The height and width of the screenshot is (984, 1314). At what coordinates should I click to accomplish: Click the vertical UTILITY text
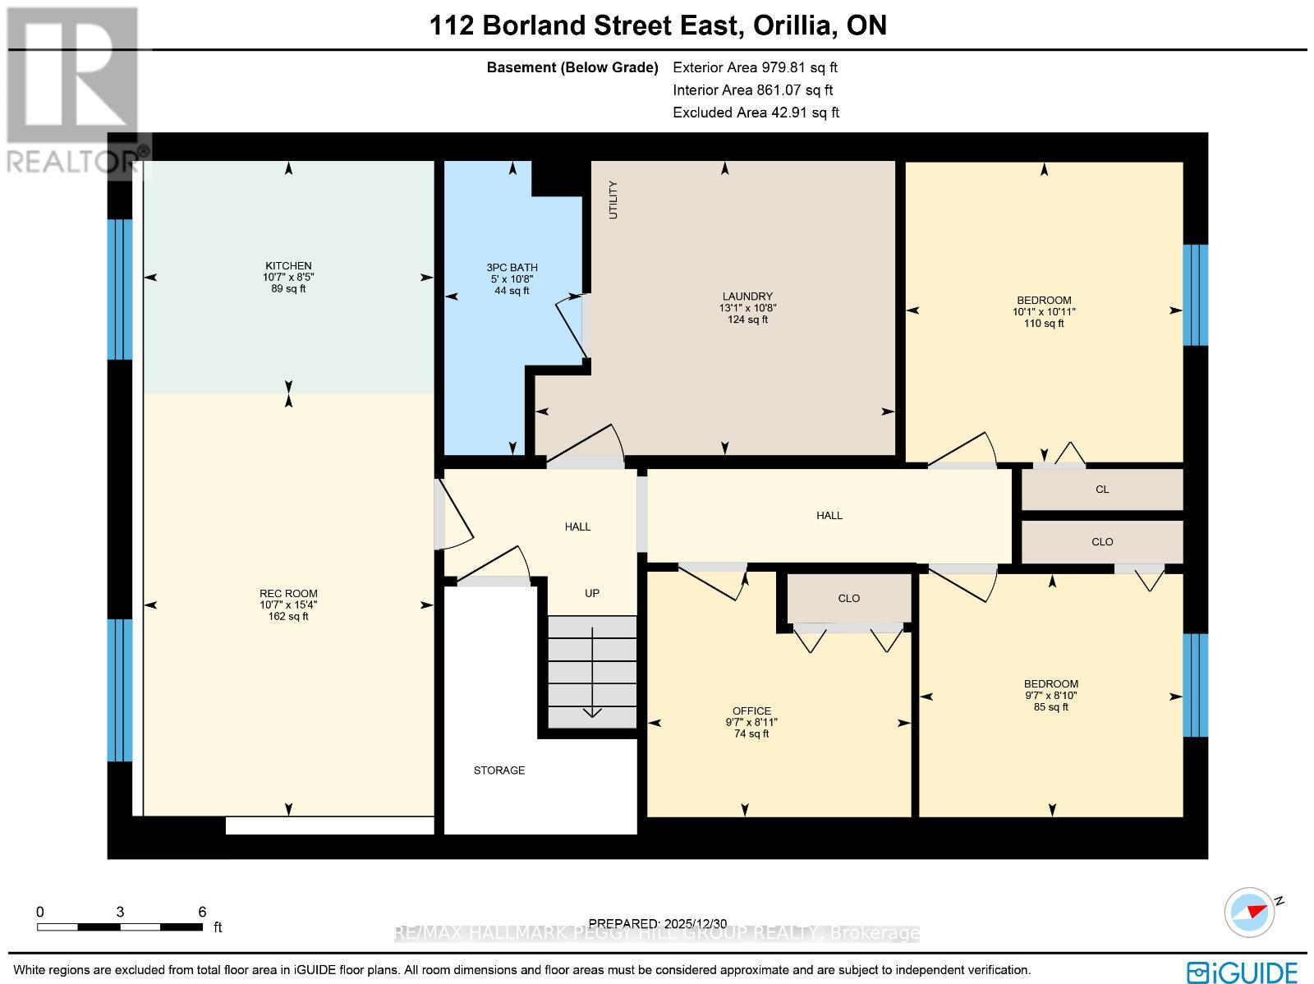[x=613, y=200]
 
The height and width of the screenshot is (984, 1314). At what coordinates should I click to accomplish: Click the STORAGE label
[x=498, y=770]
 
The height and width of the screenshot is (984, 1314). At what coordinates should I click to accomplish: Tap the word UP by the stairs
[x=591, y=593]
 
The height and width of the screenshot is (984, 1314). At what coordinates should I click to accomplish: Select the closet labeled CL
[x=1102, y=490]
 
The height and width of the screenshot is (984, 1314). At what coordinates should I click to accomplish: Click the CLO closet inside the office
[x=848, y=598]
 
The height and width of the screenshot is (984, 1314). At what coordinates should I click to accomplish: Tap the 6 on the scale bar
[x=202, y=912]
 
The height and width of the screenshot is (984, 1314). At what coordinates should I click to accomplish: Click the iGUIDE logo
[x=1243, y=972]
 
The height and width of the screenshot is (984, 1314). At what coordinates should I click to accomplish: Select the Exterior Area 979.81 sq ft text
[x=755, y=68]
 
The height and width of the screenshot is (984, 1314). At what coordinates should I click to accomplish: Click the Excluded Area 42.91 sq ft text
[x=756, y=113]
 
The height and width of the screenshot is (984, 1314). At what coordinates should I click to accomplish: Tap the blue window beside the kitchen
[x=120, y=289]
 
